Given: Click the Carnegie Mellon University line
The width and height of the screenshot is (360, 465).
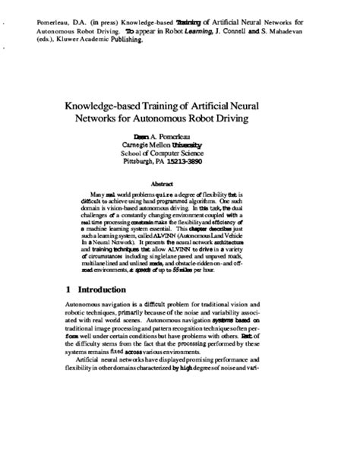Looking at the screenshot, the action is click(x=179, y=144).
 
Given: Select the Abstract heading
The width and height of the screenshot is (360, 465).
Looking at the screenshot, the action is click(x=180, y=184).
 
